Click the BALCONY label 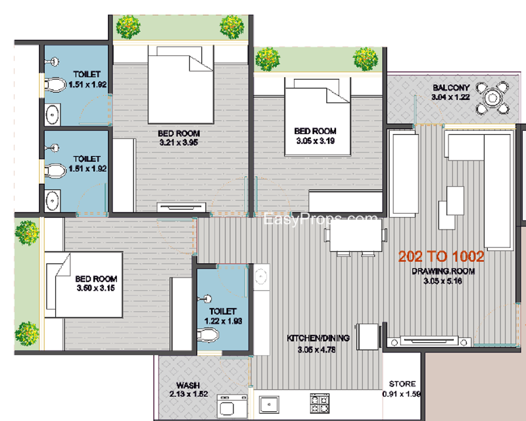pyautogui.click(x=451, y=87)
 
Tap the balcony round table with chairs pyautogui.click(x=492, y=98)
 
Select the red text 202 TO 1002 pyautogui.click(x=441, y=257)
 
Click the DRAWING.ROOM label pyautogui.click(x=443, y=271)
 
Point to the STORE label pyautogui.click(x=402, y=384)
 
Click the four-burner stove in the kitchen pyautogui.click(x=320, y=403)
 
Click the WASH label pyautogui.click(x=188, y=385)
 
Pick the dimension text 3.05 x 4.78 pyautogui.click(x=316, y=350)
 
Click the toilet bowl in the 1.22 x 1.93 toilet pyautogui.click(x=208, y=335)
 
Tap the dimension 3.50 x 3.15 pyautogui.click(x=96, y=288)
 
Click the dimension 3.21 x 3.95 pyautogui.click(x=179, y=142)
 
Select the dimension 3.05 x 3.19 pyautogui.click(x=316, y=141)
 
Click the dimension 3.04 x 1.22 pyautogui.click(x=450, y=97)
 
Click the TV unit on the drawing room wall pyautogui.click(x=429, y=341)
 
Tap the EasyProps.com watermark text pyautogui.click(x=320, y=219)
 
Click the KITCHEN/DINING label pyautogui.click(x=318, y=338)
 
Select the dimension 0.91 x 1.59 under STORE pyautogui.click(x=402, y=394)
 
